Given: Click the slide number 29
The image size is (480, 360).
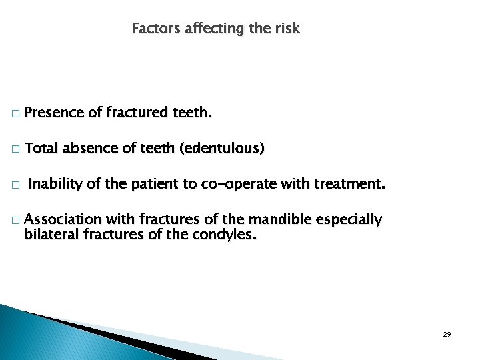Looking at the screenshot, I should pos(447,334).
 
